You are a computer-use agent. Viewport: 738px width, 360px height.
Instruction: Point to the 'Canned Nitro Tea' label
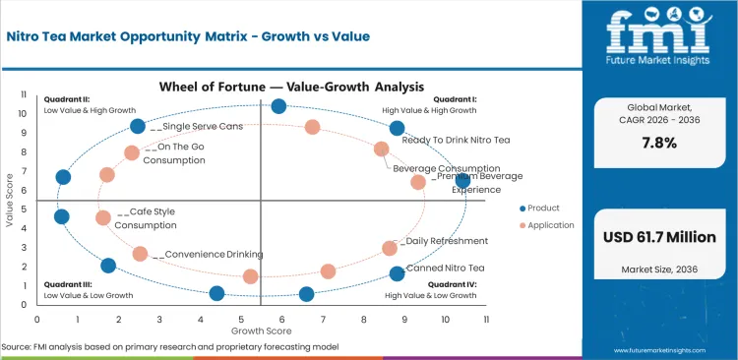pos(445,268)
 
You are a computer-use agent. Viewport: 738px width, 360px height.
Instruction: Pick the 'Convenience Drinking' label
pos(214,254)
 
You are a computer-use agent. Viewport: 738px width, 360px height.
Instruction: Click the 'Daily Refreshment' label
pos(446,240)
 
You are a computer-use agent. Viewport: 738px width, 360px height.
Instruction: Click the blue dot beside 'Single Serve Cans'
pos(138,126)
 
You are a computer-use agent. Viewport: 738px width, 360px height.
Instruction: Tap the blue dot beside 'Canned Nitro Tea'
pos(397,273)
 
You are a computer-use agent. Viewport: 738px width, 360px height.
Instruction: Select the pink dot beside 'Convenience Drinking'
pos(140,254)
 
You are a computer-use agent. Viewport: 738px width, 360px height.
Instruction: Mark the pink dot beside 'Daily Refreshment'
pos(390,248)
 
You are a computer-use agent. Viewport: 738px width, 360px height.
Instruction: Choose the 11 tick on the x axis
pos(485,318)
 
